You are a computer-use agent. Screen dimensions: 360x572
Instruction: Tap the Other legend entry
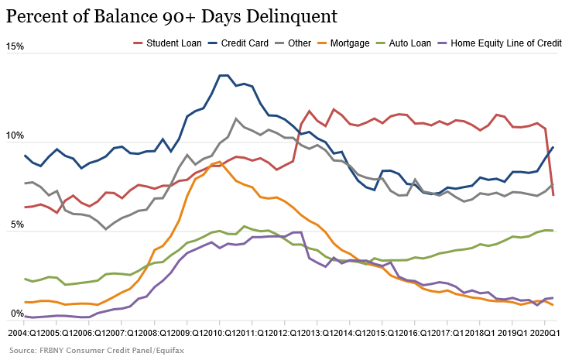[x=299, y=43]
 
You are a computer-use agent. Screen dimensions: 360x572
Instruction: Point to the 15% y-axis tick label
[x=14, y=48]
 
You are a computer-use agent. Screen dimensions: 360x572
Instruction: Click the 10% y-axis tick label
[x=14, y=137]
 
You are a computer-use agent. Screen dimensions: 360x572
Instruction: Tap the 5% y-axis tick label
[x=16, y=226]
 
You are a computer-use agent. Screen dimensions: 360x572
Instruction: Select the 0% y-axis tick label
[x=16, y=314]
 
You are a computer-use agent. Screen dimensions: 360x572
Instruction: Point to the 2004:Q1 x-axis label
[x=23, y=331]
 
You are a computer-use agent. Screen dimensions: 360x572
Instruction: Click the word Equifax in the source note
[x=169, y=350]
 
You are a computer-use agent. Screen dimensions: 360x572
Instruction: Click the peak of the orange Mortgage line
[x=220, y=162]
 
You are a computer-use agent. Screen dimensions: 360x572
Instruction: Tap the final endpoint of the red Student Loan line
[x=553, y=195]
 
